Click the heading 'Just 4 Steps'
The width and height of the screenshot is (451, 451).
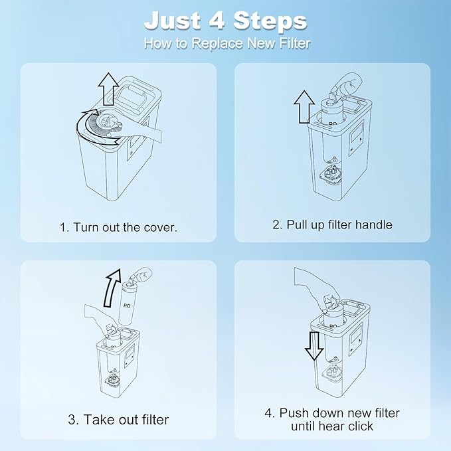(x=225, y=21)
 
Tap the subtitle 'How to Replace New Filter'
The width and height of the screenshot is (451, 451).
(x=225, y=44)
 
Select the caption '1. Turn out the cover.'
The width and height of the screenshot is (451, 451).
(x=119, y=227)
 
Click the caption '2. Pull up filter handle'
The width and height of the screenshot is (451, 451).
(x=332, y=225)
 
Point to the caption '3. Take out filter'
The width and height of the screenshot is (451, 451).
(x=119, y=419)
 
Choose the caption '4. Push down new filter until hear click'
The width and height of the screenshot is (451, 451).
(x=332, y=419)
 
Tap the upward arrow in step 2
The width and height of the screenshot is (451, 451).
(x=305, y=106)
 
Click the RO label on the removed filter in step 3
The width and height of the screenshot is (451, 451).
(x=127, y=307)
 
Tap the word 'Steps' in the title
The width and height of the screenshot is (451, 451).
(x=270, y=21)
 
